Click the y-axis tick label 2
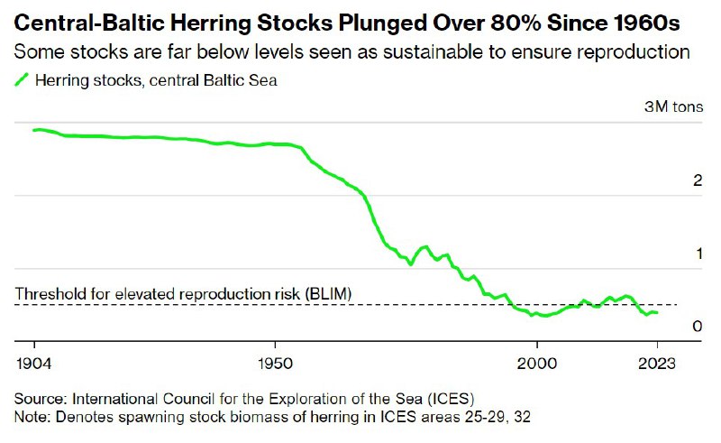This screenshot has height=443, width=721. tap(698, 180)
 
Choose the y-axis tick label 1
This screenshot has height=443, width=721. tap(698, 254)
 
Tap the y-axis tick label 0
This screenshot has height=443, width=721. tap(698, 327)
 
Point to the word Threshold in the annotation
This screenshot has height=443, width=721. tap(48, 295)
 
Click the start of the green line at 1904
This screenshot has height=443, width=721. tap(34, 131)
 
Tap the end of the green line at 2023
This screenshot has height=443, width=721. tap(657, 313)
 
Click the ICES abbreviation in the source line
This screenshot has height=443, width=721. tap(453, 398)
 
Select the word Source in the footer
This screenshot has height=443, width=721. tap(40, 398)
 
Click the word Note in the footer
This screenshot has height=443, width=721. tap(32, 416)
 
